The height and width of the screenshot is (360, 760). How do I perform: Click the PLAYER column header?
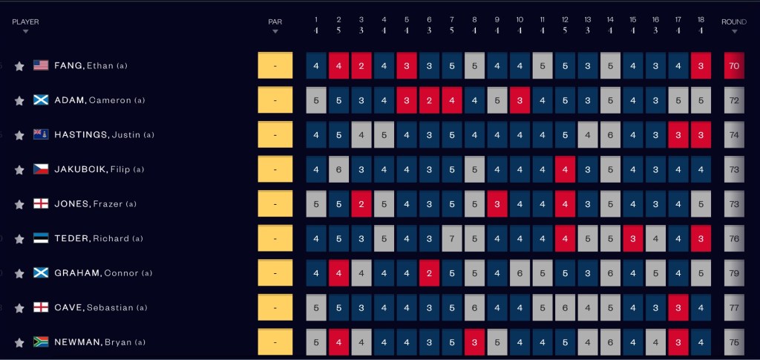25,22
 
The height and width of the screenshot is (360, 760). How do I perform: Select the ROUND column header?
733,22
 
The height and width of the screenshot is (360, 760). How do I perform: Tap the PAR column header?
275,22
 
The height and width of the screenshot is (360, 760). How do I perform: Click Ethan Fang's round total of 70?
734,66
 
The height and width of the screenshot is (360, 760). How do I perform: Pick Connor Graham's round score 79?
734,273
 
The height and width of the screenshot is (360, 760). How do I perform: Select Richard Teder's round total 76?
734,238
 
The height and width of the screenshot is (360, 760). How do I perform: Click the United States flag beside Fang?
41,65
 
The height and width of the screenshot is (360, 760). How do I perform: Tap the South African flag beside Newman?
41,342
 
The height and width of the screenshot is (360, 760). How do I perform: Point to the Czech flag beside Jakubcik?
41,169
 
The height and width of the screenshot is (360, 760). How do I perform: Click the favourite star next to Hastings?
19,135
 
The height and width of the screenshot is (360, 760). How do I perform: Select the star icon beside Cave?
19,308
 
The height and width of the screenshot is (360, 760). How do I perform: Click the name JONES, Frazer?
95,204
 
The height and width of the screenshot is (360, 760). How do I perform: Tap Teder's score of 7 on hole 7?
452,238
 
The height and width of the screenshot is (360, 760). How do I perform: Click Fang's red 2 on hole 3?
361,66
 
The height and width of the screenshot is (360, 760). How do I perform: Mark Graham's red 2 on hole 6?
429,273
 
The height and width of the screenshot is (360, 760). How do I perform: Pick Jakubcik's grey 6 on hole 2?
339,169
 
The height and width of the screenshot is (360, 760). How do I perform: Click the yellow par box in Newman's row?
275,342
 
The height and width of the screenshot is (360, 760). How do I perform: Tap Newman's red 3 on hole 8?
474,342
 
